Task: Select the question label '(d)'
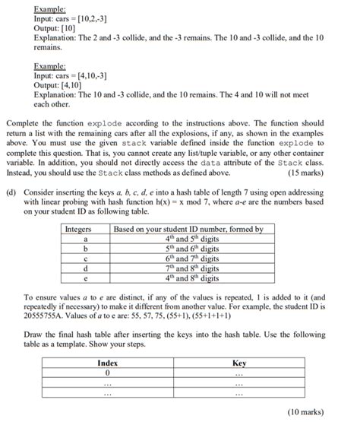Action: (11, 194)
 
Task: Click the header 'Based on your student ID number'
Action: (188, 229)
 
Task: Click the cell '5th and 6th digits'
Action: (188, 249)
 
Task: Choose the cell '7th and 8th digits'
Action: (188, 268)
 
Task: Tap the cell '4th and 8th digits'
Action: (188, 278)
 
